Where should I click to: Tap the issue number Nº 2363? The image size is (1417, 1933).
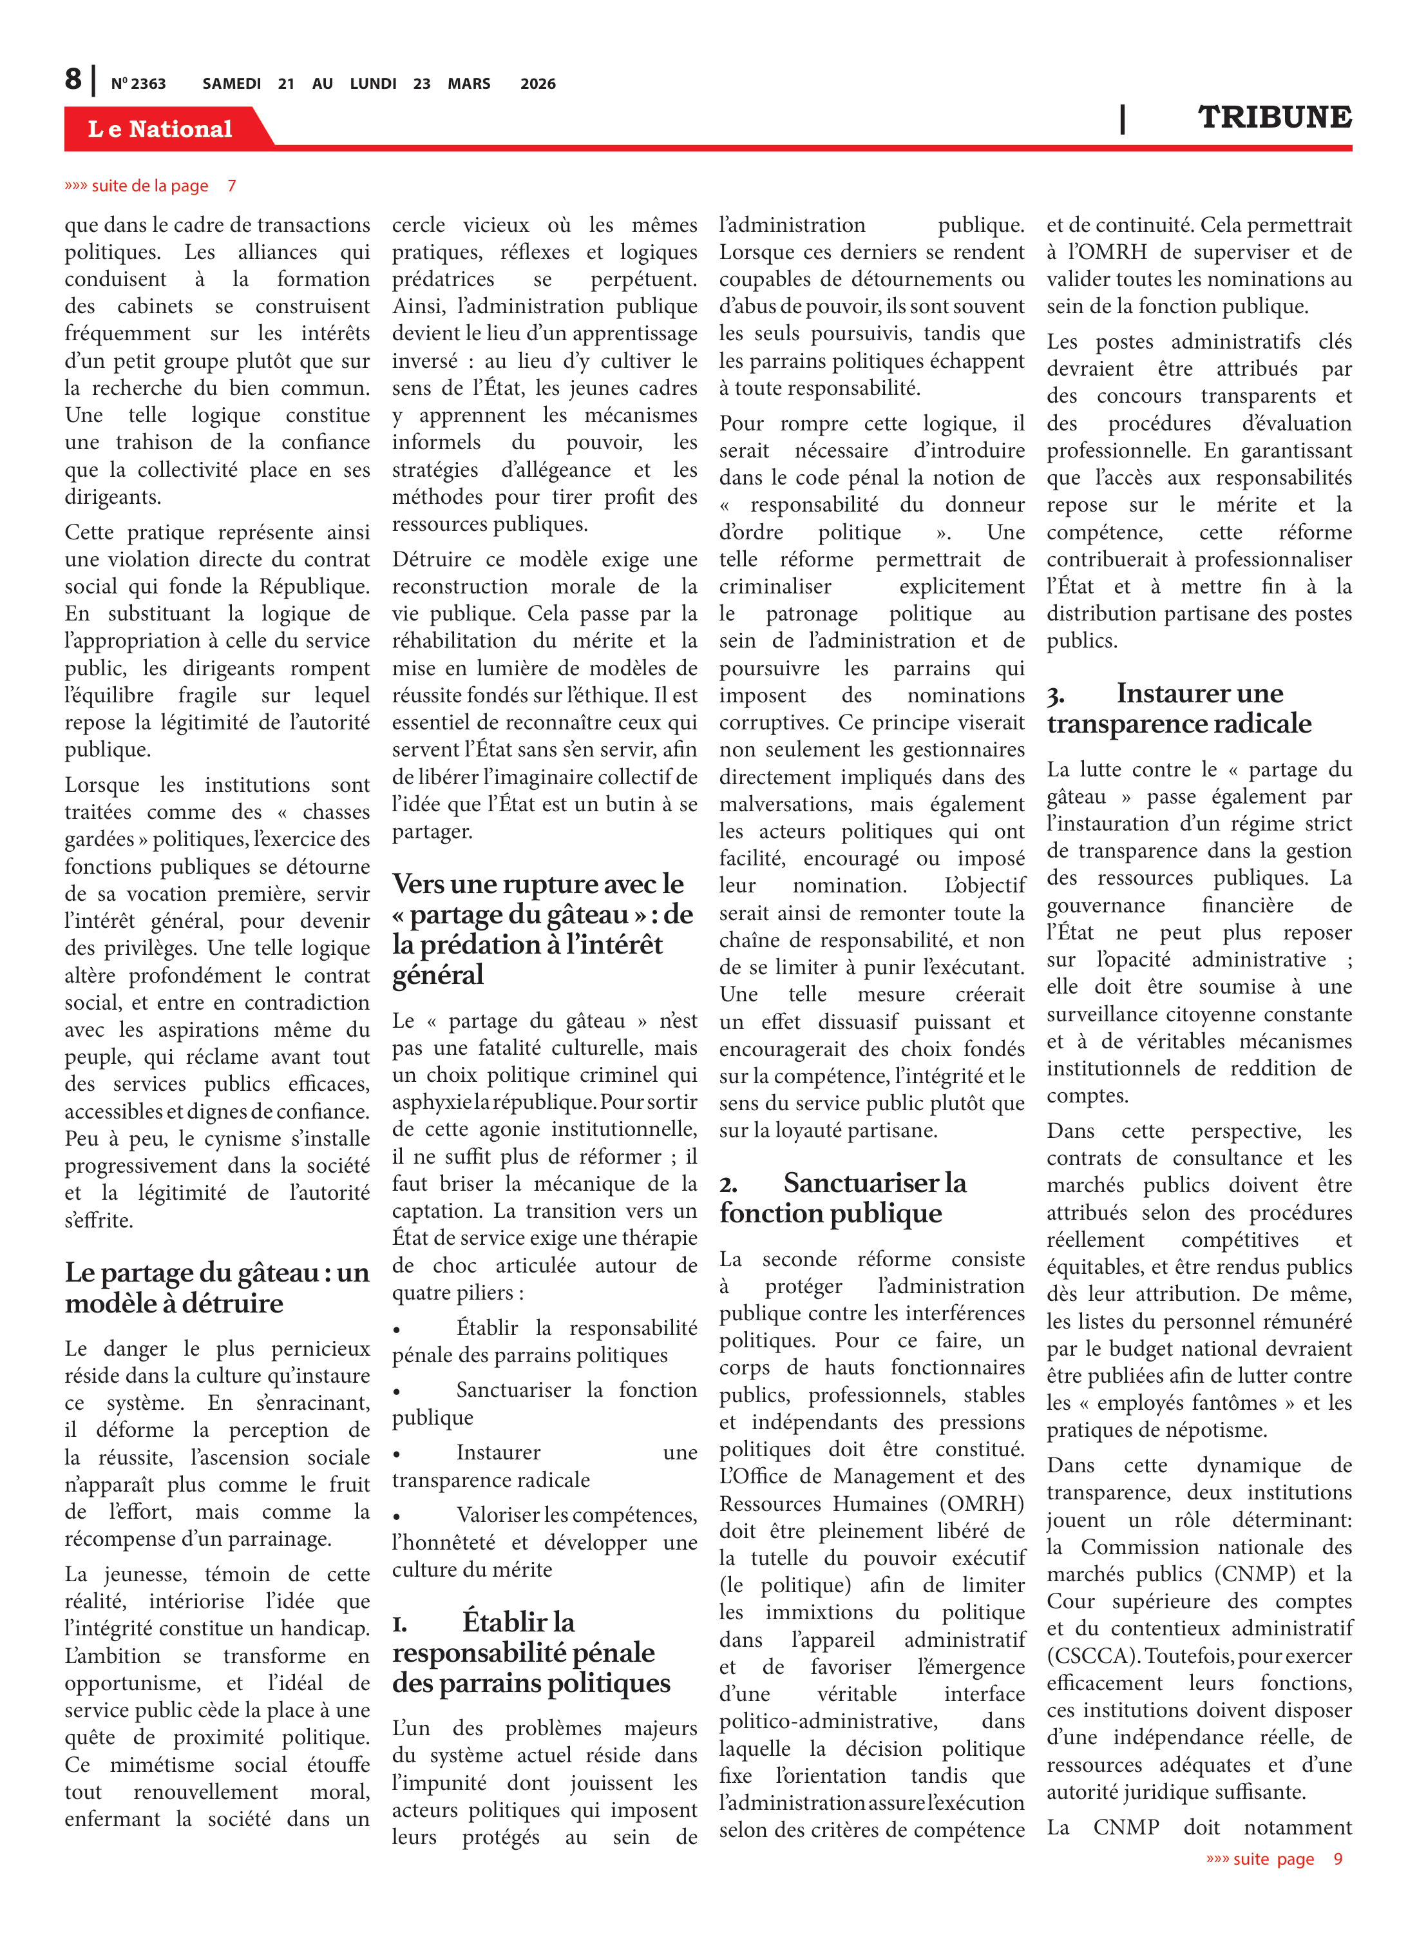point(138,84)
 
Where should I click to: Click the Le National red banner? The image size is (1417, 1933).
point(160,129)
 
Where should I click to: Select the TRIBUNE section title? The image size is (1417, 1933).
point(1274,117)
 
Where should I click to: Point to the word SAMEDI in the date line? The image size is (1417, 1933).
point(232,84)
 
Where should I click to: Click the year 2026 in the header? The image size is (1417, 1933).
point(538,84)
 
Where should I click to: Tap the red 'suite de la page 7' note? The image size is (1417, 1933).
point(150,186)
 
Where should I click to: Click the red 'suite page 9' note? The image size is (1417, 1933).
point(1274,1859)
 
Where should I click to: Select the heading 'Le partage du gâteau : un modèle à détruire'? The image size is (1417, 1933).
point(217,1287)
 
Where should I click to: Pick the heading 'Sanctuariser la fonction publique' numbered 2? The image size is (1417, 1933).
point(842,1198)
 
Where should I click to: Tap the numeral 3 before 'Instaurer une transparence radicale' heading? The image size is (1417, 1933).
point(1055,695)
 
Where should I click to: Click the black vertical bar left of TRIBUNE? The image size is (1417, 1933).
point(1122,119)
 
